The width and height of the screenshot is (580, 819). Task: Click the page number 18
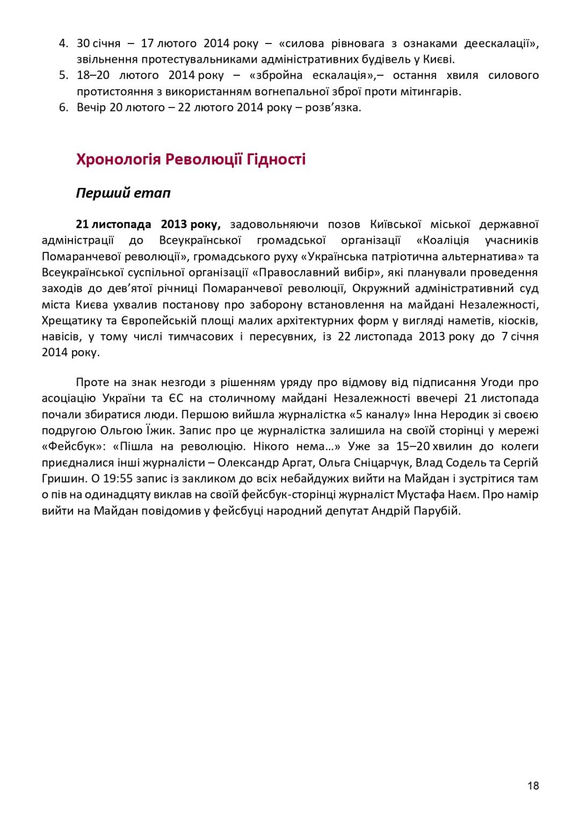click(533, 786)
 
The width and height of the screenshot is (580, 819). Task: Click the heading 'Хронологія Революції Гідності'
click(191, 160)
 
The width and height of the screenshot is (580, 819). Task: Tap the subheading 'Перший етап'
click(123, 193)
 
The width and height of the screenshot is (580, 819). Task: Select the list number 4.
click(63, 44)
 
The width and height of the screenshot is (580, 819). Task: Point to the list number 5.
click(63, 75)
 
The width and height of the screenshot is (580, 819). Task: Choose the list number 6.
click(63, 107)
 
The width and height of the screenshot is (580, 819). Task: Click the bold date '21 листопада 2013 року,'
click(148, 224)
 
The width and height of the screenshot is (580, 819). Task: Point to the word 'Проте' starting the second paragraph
click(93, 382)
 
